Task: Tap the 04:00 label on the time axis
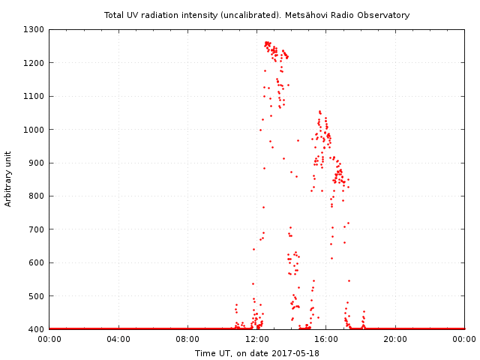pyautogui.click(x=118, y=339)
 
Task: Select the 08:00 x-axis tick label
pyautogui.click(x=187, y=339)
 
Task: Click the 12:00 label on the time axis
pyautogui.click(x=257, y=339)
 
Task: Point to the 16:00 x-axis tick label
pyautogui.click(x=326, y=339)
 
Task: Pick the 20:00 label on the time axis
pyautogui.click(x=395, y=339)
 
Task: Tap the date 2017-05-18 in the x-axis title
pyautogui.click(x=295, y=353)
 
